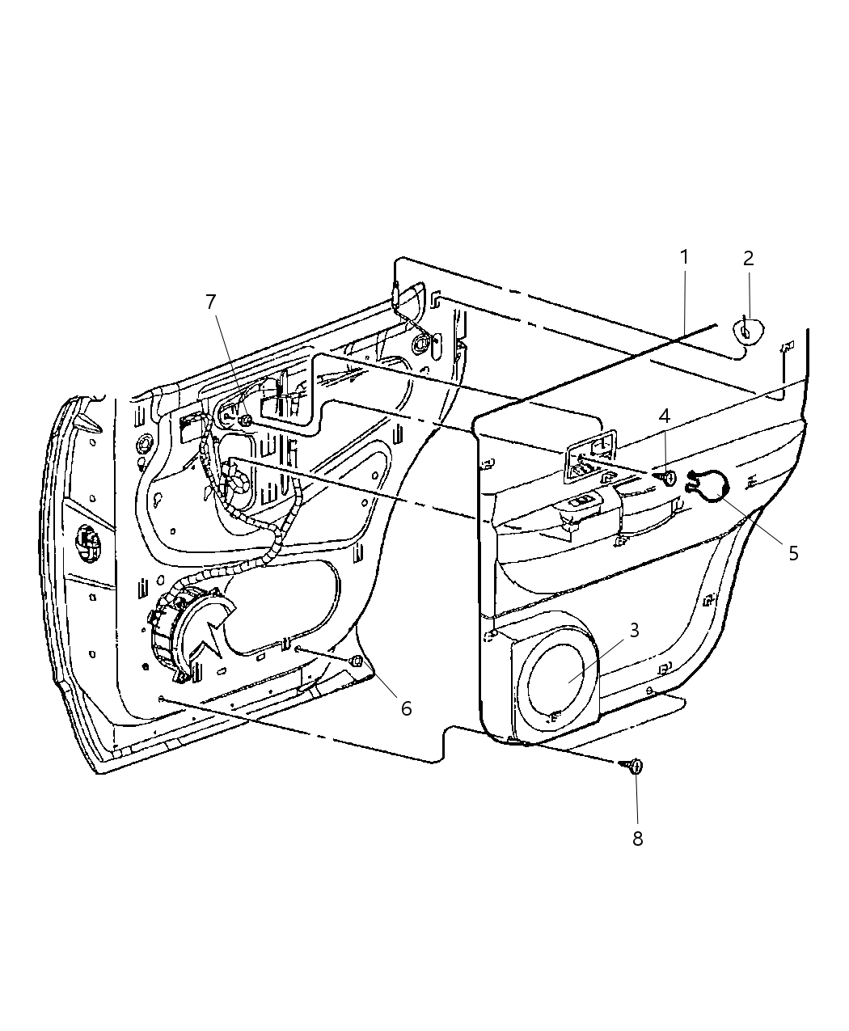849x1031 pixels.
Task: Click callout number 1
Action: coord(685,258)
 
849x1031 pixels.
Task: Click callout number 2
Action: coord(748,259)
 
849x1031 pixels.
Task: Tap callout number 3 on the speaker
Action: coord(635,630)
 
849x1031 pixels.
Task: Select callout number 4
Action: coord(664,417)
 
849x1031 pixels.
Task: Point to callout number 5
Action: coord(793,553)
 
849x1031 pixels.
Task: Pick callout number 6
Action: coord(406,708)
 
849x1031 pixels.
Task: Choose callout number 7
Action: coord(211,302)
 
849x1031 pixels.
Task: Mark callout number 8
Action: coord(637,839)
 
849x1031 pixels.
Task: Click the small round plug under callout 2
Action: coord(748,330)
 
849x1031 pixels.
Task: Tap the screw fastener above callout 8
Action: coord(633,766)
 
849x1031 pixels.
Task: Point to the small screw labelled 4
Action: coord(668,478)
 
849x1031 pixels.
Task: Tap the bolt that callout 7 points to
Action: coord(246,420)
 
